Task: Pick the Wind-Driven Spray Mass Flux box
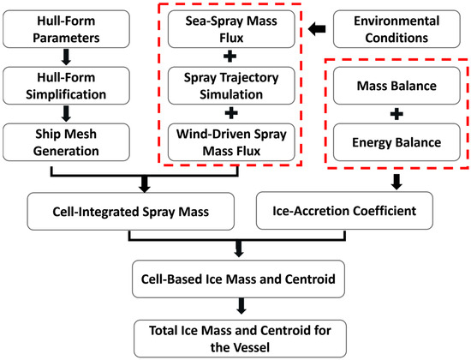click(233, 140)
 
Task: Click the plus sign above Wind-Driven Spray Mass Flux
click(233, 111)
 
